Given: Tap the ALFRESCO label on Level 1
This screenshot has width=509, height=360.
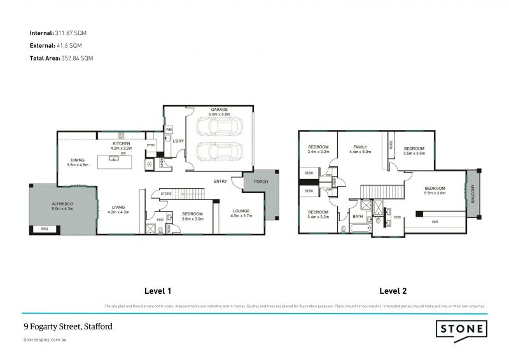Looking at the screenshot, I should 63,204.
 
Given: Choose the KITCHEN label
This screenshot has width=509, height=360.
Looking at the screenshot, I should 122,144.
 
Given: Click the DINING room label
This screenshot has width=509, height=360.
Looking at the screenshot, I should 78,160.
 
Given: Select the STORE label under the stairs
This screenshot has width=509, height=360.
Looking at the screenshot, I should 167,194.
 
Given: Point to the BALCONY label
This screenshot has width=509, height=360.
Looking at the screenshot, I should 473,194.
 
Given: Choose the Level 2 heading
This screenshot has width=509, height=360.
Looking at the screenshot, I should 393,291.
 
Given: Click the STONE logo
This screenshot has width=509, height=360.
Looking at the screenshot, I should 463,329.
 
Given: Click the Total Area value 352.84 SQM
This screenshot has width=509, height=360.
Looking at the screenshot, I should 76,58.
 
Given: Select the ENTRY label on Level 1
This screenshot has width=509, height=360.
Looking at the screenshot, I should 221,181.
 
